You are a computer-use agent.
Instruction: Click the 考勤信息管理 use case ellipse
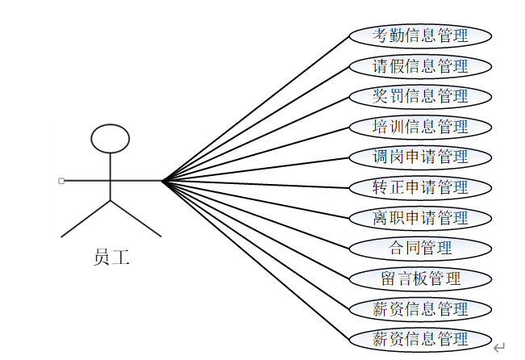420,36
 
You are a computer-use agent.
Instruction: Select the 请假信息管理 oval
420,65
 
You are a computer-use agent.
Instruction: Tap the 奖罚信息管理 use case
420,96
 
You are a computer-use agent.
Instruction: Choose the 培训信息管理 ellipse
420,127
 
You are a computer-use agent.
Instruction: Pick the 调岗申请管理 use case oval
420,157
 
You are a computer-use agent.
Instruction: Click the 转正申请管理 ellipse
420,187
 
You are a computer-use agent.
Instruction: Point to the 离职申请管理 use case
420,218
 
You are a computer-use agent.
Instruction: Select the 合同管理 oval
420,248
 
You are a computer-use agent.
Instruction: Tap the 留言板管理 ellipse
420,278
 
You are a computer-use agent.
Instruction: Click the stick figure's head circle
110,139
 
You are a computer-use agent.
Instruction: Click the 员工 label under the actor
111,258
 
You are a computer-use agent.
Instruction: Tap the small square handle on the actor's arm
61,180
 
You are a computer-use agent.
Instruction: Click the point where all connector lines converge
162,181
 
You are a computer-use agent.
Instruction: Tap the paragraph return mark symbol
499,347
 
